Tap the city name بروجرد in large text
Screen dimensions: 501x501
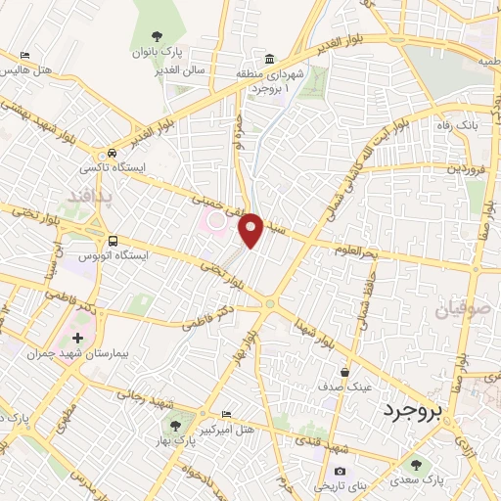[x=412, y=408]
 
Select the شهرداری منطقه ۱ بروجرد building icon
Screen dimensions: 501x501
[x=270, y=58]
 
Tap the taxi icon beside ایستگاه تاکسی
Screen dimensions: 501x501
[x=114, y=154]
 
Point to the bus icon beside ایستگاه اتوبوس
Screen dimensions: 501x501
[x=114, y=241]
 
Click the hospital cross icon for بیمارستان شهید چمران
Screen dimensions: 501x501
[x=77, y=338]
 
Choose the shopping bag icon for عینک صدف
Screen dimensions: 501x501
[x=345, y=372]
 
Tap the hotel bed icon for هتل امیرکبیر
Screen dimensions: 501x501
[x=227, y=415]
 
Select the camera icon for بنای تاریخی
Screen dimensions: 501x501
[x=340, y=472]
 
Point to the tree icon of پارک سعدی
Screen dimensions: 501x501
[x=418, y=465]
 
